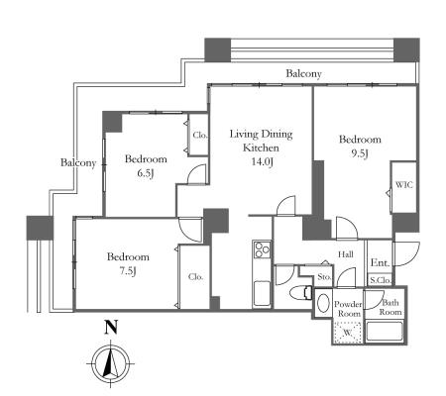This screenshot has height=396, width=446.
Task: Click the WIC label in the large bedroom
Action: pos(404,185)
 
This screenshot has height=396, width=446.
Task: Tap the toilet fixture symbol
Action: pos(300,292)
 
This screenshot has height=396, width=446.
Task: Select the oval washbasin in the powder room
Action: pos(323,302)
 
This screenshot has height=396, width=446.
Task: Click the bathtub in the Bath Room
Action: pos(385,331)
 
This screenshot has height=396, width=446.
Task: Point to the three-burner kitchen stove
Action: pos(263,249)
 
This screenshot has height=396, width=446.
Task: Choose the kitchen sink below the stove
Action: pos(263,294)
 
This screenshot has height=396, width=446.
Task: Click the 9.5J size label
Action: pos(359,153)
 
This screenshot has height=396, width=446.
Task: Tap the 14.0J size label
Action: pos(262,162)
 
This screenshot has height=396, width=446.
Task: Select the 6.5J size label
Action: pos(146,173)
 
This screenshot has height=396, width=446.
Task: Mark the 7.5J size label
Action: pos(128,271)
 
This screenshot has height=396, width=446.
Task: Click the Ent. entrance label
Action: pos(380,263)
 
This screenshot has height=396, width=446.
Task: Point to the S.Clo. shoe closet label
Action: pos(381,281)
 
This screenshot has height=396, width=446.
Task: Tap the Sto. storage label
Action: pos(324,277)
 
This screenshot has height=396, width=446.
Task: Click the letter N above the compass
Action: pos(111,328)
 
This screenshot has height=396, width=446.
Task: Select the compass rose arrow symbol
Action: pos(110,363)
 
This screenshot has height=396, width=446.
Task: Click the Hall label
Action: pos(346,254)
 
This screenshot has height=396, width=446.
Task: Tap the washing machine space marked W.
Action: pos(347,333)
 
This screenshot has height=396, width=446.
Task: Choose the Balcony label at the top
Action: pos(303,73)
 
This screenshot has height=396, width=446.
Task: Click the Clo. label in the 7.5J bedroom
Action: pos(195,277)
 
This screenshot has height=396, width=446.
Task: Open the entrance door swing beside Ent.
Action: pos(406,254)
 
